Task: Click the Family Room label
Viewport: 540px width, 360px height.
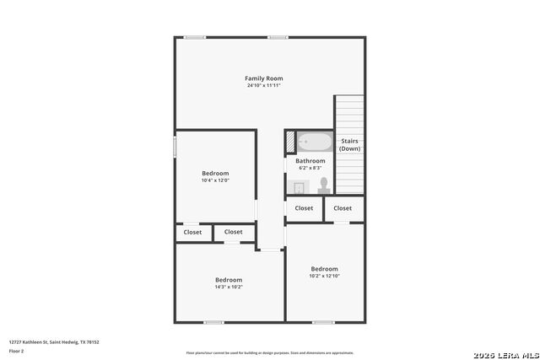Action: [x=263, y=78]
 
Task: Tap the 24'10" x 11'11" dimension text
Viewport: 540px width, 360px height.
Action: [x=263, y=85]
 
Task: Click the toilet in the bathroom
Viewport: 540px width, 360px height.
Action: [x=323, y=184]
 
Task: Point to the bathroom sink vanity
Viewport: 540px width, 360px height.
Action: [x=298, y=187]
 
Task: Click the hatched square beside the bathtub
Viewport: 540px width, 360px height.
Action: [x=290, y=141]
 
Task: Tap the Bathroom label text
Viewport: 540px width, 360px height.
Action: [x=310, y=161]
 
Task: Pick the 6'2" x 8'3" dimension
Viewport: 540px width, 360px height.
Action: [x=310, y=168]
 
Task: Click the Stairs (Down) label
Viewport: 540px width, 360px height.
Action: [x=349, y=144]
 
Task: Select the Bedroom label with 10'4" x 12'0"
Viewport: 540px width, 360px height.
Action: [x=215, y=174]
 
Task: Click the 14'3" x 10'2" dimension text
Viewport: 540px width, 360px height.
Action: [x=228, y=287]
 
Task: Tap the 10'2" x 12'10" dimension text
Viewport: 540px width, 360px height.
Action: [x=324, y=276]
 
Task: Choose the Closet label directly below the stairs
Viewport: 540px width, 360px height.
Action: [x=343, y=208]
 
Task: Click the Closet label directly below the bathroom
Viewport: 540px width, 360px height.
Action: [x=304, y=208]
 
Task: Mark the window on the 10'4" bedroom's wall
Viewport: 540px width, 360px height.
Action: [x=175, y=146]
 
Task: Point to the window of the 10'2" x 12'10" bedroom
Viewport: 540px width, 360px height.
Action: [x=323, y=322]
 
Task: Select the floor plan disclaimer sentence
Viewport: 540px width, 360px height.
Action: [x=270, y=352]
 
